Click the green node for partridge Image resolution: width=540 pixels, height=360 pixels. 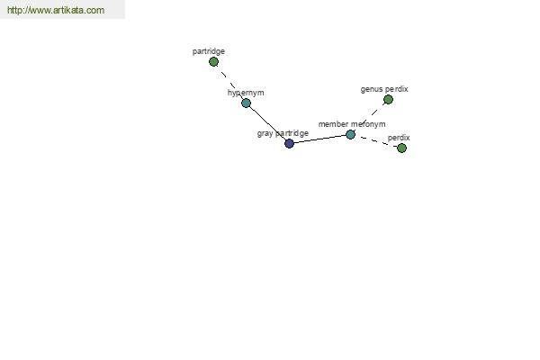click(x=213, y=62)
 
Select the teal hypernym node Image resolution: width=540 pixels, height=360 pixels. click(x=246, y=103)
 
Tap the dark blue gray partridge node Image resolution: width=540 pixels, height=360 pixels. click(x=289, y=143)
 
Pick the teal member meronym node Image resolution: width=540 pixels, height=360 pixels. click(x=350, y=134)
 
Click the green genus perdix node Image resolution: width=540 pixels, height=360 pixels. click(x=388, y=100)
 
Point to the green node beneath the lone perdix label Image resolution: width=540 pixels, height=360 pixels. click(x=401, y=148)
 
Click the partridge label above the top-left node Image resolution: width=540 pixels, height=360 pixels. click(x=209, y=51)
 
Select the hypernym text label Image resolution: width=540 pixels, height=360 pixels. click(x=246, y=93)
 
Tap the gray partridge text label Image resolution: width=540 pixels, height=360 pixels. click(x=283, y=133)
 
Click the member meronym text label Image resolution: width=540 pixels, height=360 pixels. click(x=352, y=124)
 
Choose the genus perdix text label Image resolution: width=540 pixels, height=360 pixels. click(x=384, y=89)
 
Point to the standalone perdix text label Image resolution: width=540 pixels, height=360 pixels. click(x=399, y=138)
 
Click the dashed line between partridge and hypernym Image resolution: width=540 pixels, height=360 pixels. click(x=229, y=82)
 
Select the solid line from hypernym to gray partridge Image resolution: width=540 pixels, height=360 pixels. click(x=267, y=123)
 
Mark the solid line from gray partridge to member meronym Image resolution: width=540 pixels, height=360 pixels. click(x=319, y=139)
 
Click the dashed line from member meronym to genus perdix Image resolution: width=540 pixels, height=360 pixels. click(x=369, y=117)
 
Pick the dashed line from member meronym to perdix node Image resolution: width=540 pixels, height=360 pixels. click(x=376, y=141)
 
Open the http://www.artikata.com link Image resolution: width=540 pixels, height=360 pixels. click(x=56, y=10)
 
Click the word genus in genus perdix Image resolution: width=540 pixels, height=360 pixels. click(x=372, y=90)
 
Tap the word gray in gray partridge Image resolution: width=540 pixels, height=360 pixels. click(x=265, y=134)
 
